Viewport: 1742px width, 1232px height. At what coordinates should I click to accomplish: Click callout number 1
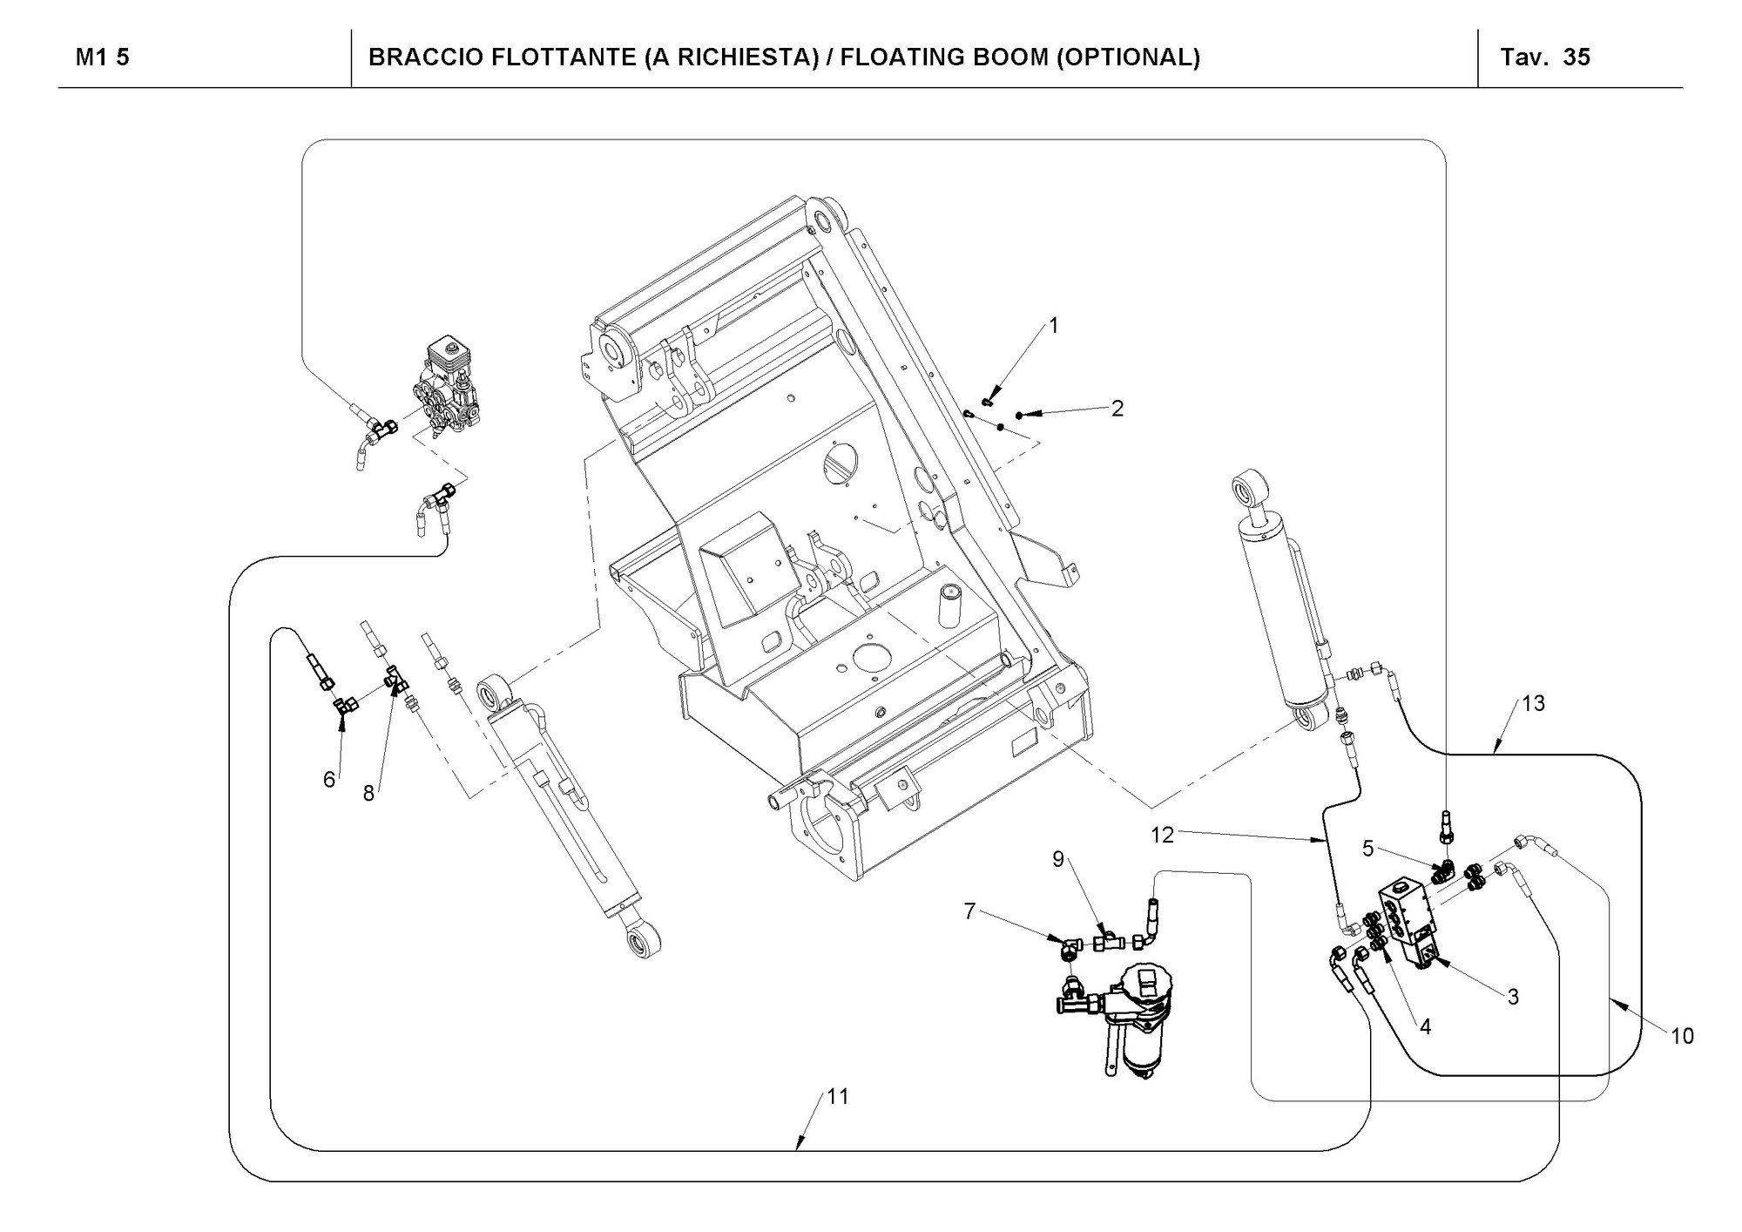click(1054, 326)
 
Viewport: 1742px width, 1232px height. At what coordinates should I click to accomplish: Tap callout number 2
click(1117, 408)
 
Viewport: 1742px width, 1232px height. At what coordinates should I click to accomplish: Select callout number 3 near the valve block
click(1513, 997)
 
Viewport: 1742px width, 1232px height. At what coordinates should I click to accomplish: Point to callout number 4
click(1425, 1027)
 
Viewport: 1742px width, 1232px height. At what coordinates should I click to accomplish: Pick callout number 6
click(329, 779)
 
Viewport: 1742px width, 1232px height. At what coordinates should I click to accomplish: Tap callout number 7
click(970, 911)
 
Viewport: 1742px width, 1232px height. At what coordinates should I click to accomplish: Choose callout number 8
click(369, 793)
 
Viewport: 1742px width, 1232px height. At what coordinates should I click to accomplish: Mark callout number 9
click(1058, 859)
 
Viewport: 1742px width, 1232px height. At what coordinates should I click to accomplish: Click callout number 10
click(1682, 1036)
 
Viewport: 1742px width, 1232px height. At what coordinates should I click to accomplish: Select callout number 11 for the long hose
click(837, 1097)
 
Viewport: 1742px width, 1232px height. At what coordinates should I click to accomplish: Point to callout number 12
click(1163, 835)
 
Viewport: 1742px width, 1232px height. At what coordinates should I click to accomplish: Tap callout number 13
click(1533, 703)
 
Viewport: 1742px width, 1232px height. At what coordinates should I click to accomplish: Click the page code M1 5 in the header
click(103, 58)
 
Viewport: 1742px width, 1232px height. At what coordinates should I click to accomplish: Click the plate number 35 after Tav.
click(1577, 58)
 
